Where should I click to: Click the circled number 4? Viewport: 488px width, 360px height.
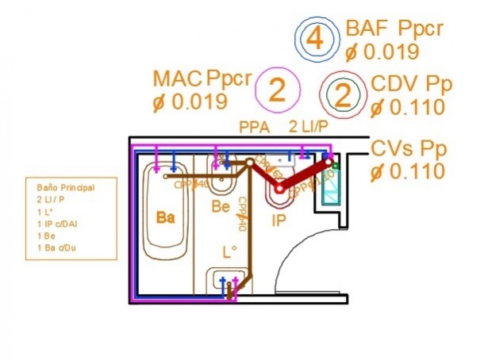point(315,38)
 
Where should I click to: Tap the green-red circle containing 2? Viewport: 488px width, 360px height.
point(343,96)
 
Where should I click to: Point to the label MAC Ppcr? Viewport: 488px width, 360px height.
point(202,79)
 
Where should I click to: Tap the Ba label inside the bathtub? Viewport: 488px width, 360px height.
point(165,218)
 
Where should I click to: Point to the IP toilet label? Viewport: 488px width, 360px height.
point(279,219)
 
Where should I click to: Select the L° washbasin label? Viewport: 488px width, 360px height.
point(229,254)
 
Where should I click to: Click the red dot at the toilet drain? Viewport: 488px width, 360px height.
point(279,189)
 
